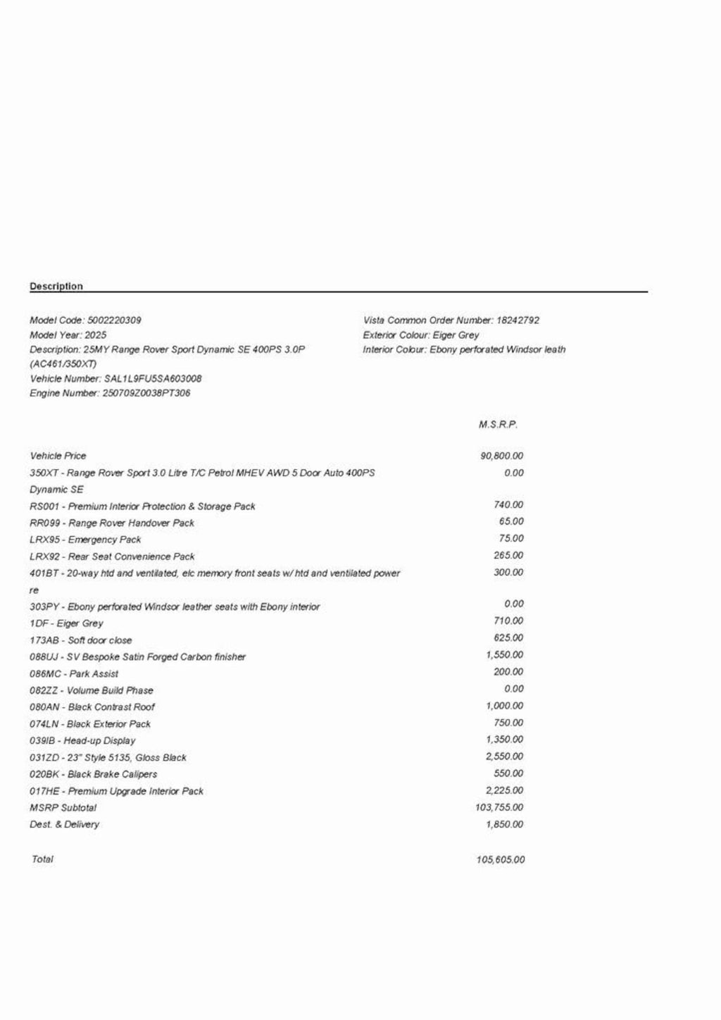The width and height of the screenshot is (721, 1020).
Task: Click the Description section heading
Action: [x=56, y=286]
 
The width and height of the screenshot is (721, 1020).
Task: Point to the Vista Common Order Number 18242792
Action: [x=518, y=320]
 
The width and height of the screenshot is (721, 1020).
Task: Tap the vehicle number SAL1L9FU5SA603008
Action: [x=153, y=378]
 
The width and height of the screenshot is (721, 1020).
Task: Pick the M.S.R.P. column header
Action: [x=498, y=424]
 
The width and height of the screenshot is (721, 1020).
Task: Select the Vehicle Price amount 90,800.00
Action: [x=501, y=456]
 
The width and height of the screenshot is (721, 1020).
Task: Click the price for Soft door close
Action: [x=508, y=637]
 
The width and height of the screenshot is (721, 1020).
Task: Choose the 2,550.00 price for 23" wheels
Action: [x=504, y=757]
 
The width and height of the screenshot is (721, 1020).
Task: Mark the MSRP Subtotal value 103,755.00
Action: [x=499, y=807]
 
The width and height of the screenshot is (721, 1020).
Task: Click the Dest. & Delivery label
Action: [x=64, y=824]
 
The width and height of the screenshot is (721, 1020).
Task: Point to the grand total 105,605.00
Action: [x=500, y=859]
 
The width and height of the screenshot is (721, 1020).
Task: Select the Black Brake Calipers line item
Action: [x=93, y=774]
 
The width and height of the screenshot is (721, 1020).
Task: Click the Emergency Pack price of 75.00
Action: [x=511, y=538]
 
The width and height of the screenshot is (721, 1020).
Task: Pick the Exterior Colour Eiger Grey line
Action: [x=421, y=335]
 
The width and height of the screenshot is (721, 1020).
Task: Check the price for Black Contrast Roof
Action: [x=504, y=706]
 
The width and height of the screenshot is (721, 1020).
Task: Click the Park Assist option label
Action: [x=74, y=673]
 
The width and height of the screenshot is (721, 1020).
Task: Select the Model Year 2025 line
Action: [x=68, y=335]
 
